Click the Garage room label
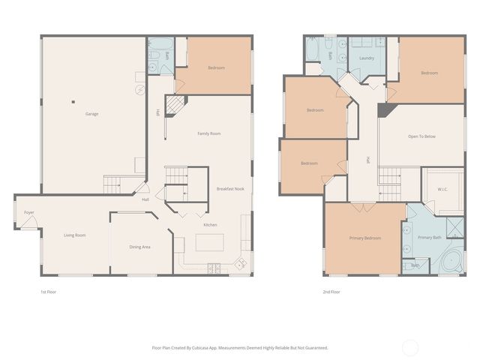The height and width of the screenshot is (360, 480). click(x=91, y=114)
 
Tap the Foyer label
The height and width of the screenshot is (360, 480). click(x=29, y=213)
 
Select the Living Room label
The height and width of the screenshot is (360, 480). click(x=75, y=235)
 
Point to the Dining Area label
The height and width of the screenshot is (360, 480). click(x=140, y=247)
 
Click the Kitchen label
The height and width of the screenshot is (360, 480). click(x=211, y=225)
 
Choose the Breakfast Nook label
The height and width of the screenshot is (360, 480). click(x=230, y=189)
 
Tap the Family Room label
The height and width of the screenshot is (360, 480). click(x=208, y=133)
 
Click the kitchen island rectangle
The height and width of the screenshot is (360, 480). click(x=210, y=243)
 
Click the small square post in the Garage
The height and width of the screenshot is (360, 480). click(x=73, y=102)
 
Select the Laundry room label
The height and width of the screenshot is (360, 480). click(x=367, y=58)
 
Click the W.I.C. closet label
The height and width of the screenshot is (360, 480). click(x=442, y=189)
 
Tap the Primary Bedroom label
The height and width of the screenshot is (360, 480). click(x=364, y=238)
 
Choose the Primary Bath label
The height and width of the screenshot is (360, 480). click(x=430, y=237)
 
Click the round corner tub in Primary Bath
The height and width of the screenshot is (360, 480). click(x=451, y=262)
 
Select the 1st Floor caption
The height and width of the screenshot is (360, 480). click(x=49, y=292)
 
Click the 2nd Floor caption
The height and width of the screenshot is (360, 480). click(x=331, y=292)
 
